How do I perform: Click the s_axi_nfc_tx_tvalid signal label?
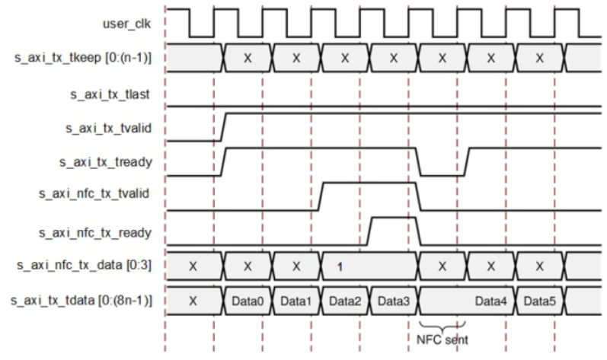[94, 194]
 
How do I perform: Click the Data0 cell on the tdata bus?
[247, 301]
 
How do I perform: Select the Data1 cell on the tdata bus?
[296, 301]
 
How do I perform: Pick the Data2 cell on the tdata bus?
[344, 301]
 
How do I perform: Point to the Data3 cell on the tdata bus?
[393, 301]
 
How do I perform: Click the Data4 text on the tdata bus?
[490, 301]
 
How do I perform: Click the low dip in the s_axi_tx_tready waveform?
[440, 174]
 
